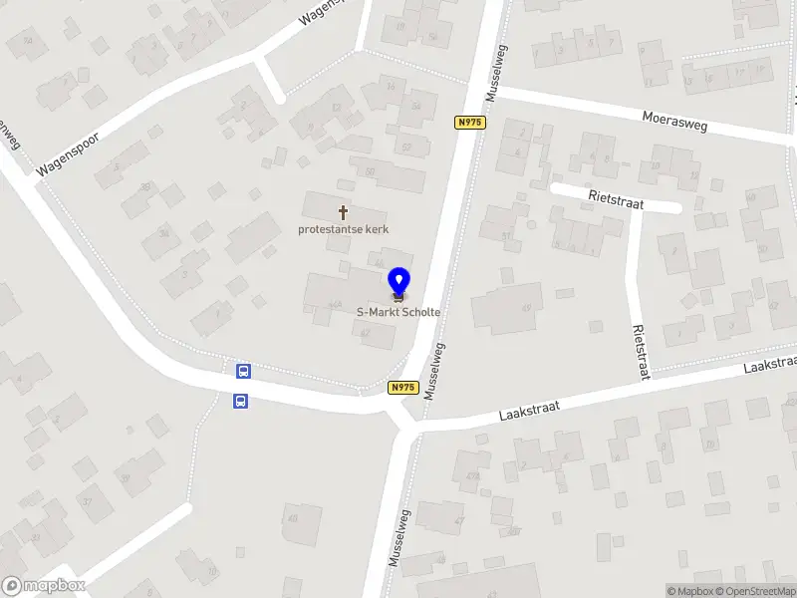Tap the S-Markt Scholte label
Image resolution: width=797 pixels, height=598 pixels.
click(398, 312)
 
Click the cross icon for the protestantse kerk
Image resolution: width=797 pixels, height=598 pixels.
click(345, 212)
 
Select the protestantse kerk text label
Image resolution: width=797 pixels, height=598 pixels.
click(344, 229)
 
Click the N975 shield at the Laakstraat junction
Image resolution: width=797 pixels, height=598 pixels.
click(402, 388)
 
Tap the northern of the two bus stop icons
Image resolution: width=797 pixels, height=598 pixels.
click(242, 372)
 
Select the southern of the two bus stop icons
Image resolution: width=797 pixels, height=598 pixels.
click(240, 402)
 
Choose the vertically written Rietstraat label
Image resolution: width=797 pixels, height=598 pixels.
click(640, 351)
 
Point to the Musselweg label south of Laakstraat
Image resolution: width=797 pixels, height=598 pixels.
click(400, 538)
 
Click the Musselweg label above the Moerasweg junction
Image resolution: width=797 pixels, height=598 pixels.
click(494, 72)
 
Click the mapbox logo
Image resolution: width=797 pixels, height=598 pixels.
click(43, 586)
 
